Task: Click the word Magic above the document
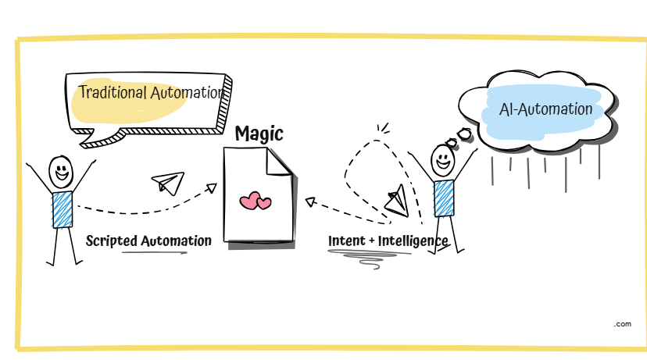point(259,134)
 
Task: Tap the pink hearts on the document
point(255,201)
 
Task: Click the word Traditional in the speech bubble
point(113,93)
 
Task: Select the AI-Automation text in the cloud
point(545,109)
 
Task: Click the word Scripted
point(111,241)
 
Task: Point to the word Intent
point(347,241)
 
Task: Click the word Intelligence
point(413,241)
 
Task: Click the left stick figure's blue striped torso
point(62,209)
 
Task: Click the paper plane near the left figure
point(167,183)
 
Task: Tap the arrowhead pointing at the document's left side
point(211,187)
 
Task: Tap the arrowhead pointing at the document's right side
point(310,201)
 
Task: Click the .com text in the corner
point(622,323)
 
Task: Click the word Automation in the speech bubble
point(186,93)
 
